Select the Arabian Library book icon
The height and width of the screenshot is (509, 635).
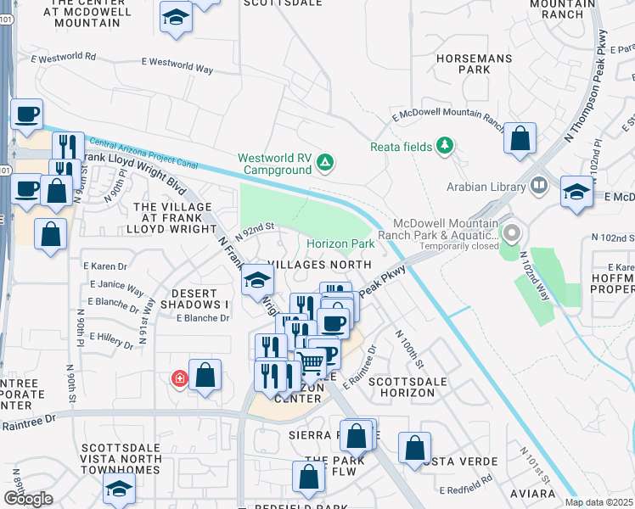click(x=538, y=185)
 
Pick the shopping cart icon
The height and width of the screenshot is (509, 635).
click(x=312, y=363)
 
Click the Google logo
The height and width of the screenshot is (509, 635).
click(x=27, y=499)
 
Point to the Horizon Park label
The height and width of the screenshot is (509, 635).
click(x=340, y=244)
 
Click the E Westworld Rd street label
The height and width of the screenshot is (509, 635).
click(x=64, y=59)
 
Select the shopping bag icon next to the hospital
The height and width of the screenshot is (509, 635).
click(x=205, y=374)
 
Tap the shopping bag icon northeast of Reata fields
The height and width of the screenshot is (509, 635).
click(x=520, y=137)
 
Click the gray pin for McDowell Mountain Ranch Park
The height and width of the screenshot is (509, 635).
click(x=511, y=232)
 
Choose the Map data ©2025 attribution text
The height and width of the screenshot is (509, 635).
click(x=598, y=502)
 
